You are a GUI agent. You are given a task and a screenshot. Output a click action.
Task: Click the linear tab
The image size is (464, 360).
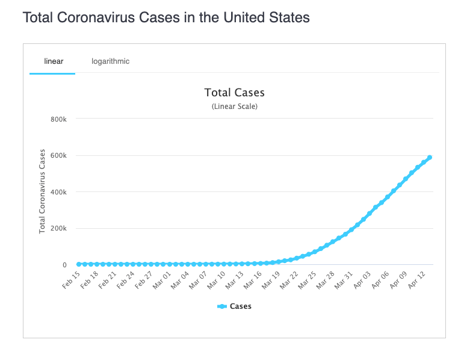pos(54,61)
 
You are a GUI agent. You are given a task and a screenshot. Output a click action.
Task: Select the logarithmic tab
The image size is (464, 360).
pos(110,61)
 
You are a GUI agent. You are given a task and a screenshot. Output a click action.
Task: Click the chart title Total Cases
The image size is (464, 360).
pos(234,93)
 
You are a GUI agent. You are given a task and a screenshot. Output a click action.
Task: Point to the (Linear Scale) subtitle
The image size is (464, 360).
pos(234,107)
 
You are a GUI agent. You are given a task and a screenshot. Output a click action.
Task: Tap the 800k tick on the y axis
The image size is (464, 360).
pos(58,119)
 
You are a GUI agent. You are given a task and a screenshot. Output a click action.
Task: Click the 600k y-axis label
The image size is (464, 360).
pos(58,155)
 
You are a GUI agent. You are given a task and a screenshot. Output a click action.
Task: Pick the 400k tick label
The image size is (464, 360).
pos(58,192)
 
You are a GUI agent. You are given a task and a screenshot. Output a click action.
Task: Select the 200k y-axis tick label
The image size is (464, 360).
pos(58,229)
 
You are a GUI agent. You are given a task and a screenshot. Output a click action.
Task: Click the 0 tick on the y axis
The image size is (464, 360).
pos(63,265)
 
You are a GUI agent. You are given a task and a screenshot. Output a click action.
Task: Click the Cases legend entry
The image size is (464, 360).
pos(234,306)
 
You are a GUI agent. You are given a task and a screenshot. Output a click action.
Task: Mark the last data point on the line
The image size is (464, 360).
pos(430,158)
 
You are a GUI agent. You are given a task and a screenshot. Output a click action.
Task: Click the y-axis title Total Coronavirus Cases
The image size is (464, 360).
pos(43,191)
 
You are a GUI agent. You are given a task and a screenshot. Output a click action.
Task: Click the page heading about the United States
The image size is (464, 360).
pos(166,17)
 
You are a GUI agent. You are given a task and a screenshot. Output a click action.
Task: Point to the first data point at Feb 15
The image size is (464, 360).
pos(79,264)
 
